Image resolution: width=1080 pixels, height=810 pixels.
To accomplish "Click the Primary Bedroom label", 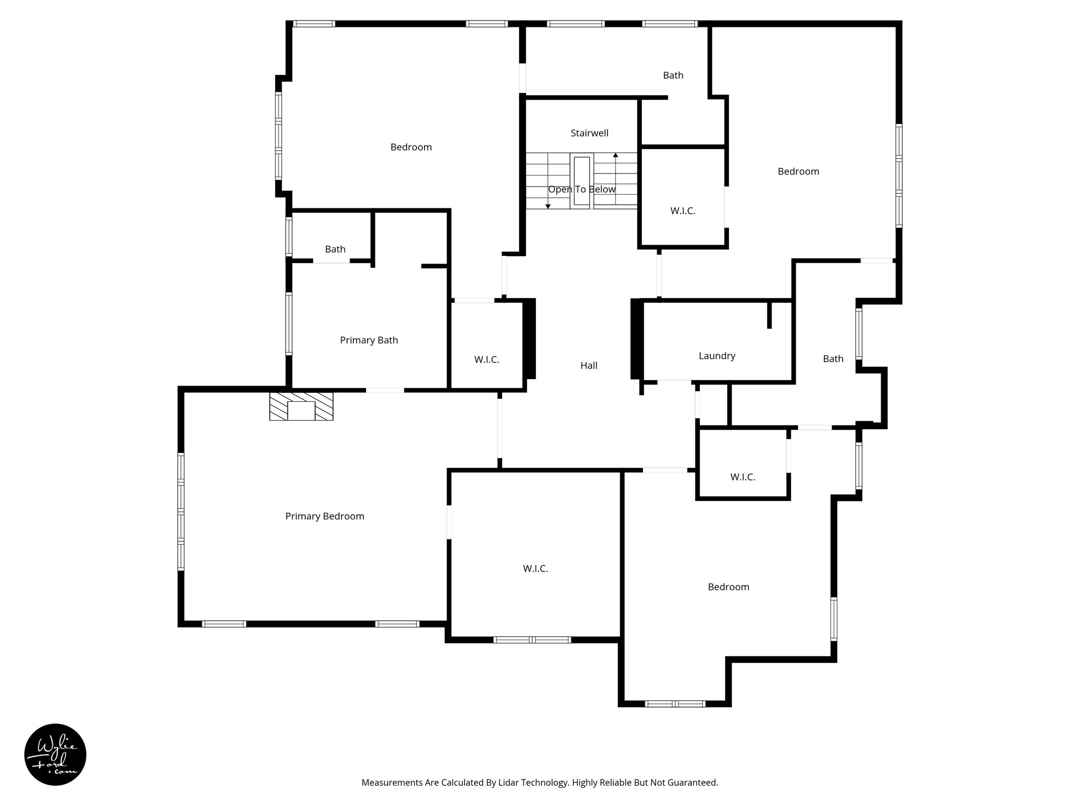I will pyautogui.click(x=324, y=516).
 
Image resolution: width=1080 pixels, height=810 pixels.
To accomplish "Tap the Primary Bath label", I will pyautogui.click(x=369, y=340).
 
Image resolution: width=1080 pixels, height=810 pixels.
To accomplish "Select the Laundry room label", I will pyautogui.click(x=717, y=356).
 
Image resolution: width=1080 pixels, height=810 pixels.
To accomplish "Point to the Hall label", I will pyautogui.click(x=589, y=365).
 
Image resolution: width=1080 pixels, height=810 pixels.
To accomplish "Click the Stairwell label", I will pyautogui.click(x=589, y=133).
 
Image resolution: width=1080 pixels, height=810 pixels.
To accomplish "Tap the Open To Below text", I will pyautogui.click(x=582, y=189).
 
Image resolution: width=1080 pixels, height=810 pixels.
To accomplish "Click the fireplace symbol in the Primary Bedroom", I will pyautogui.click(x=301, y=407).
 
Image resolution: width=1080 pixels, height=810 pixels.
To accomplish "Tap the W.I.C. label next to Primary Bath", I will pyautogui.click(x=486, y=360).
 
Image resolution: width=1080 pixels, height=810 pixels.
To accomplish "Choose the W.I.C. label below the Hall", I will pyautogui.click(x=535, y=568).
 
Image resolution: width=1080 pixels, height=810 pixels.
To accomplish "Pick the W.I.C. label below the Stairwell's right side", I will pyautogui.click(x=682, y=211).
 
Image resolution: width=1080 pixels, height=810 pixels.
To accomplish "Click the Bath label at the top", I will pyautogui.click(x=673, y=75).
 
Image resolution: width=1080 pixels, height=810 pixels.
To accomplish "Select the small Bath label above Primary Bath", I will pyautogui.click(x=335, y=249).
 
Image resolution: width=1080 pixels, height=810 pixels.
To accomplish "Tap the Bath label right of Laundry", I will pyautogui.click(x=833, y=359).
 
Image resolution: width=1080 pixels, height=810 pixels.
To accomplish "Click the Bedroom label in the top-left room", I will pyautogui.click(x=411, y=147).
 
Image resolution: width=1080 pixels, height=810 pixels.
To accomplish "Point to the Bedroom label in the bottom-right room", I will pyautogui.click(x=728, y=587).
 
